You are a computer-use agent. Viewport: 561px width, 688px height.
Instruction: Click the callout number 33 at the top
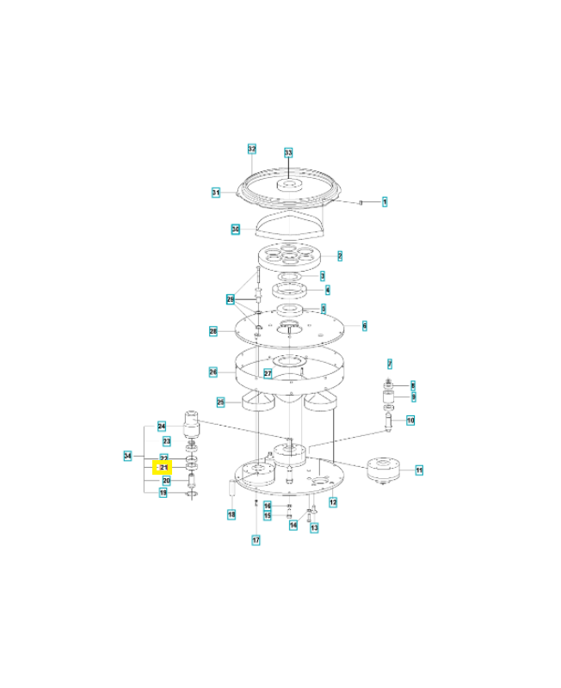(x=288, y=152)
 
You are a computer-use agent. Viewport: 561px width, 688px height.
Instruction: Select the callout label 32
(x=252, y=149)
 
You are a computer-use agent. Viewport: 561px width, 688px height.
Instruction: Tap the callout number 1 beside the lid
(x=385, y=202)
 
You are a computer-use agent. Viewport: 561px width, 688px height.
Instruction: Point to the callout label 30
(x=235, y=229)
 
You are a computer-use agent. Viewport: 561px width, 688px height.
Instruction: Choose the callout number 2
(x=340, y=256)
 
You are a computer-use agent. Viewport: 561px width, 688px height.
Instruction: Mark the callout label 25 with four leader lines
(x=220, y=402)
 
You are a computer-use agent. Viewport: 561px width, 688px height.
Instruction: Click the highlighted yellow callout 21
(x=162, y=467)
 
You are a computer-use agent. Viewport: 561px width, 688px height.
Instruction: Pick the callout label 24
(x=162, y=427)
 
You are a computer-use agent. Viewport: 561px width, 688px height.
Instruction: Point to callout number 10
(x=410, y=421)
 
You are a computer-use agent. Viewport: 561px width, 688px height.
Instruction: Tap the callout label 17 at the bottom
(x=256, y=539)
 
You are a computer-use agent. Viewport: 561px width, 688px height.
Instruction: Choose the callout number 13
(x=314, y=527)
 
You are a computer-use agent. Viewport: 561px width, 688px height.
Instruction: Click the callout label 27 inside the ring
(x=268, y=373)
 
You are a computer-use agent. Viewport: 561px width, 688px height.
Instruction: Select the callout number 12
(x=333, y=501)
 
